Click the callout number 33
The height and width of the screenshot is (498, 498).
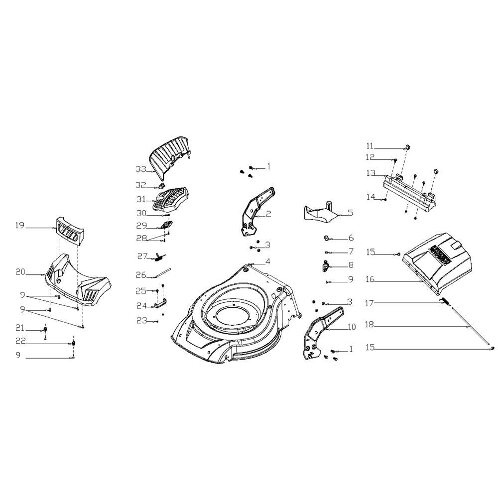[x=141, y=169]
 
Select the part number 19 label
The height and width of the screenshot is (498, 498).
[x=20, y=226]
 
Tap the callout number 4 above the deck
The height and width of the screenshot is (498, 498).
[x=268, y=262]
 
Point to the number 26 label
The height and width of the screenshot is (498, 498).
[x=141, y=275]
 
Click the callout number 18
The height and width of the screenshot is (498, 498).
[x=370, y=325]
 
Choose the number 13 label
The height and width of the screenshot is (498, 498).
[x=371, y=173]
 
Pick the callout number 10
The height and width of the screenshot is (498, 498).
[x=352, y=327]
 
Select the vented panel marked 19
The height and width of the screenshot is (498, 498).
[x=71, y=231]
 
